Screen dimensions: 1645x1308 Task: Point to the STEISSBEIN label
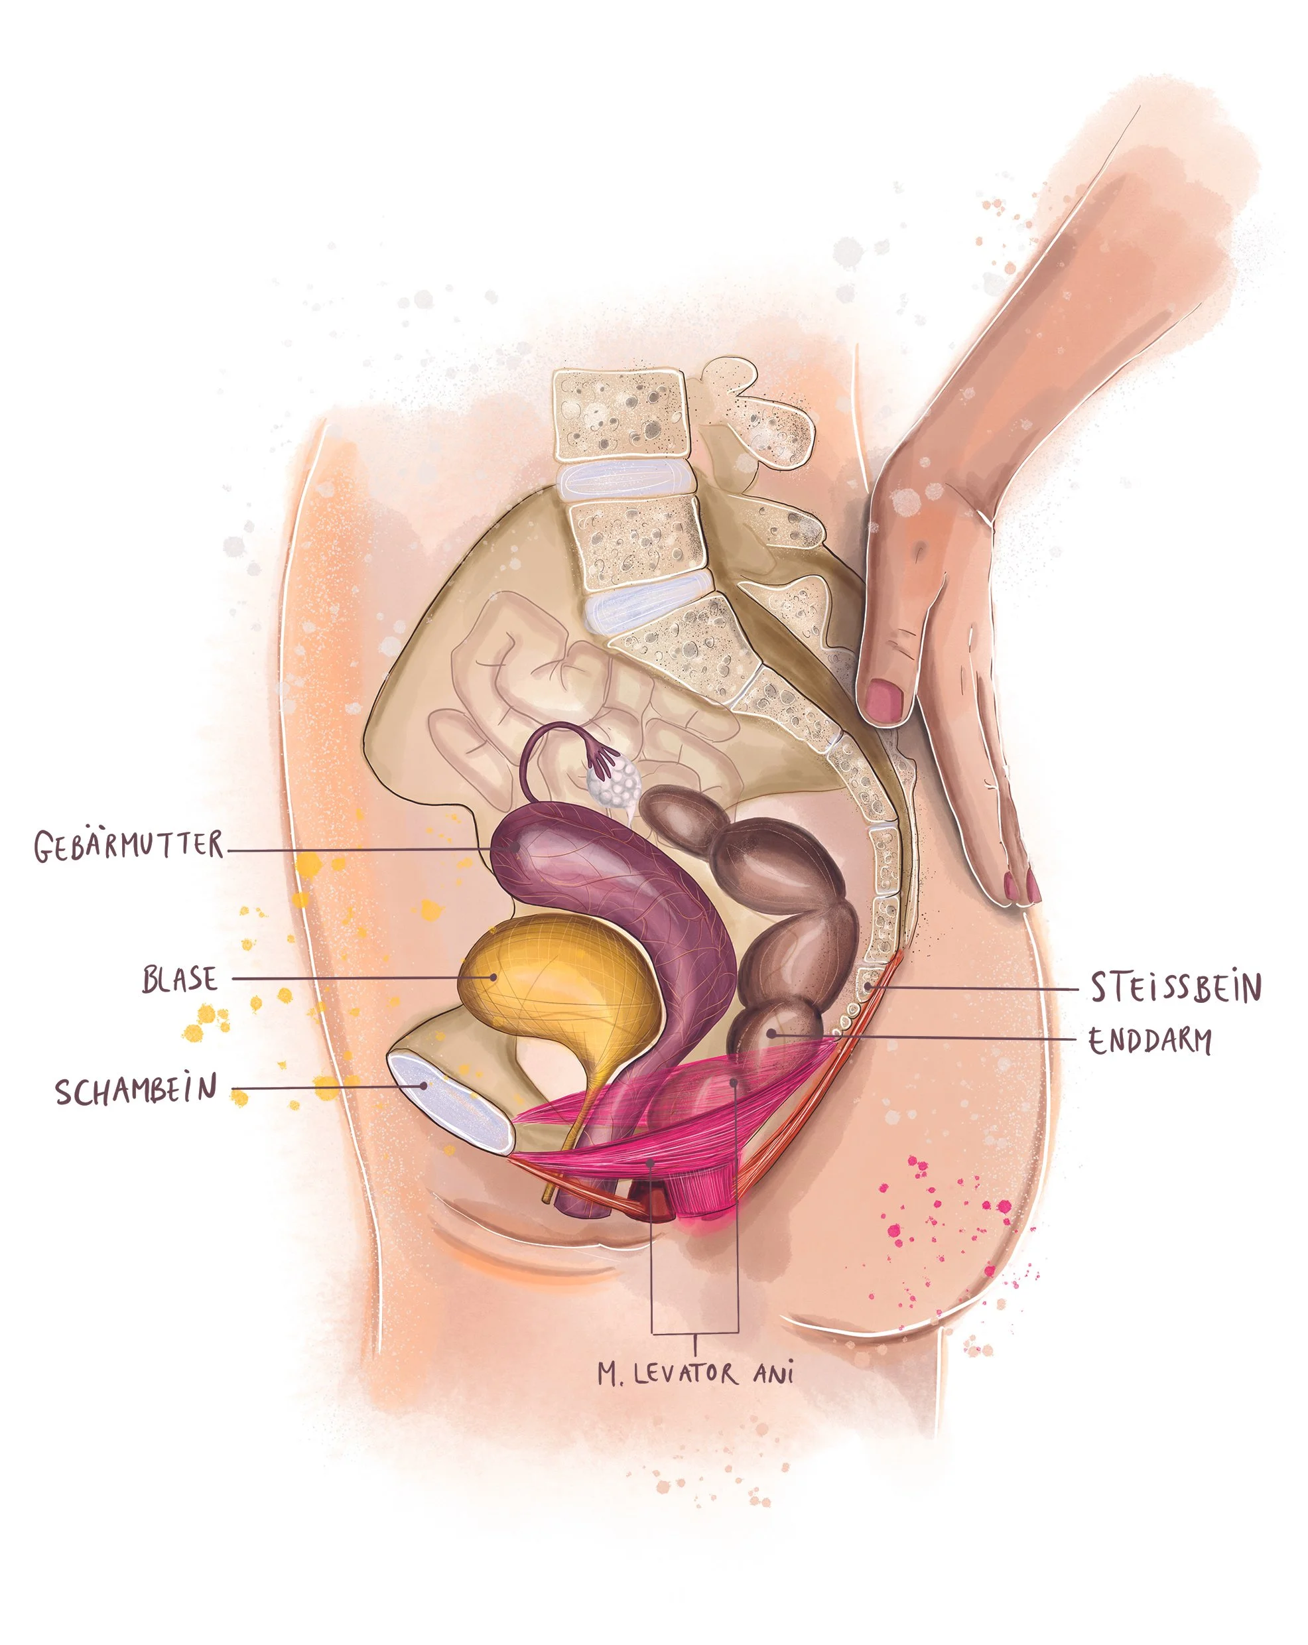[1175, 987]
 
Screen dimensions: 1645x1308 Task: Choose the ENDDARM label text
[1149, 1041]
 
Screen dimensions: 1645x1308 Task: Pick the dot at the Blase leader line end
[493, 976]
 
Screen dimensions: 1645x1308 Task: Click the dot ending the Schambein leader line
[425, 1086]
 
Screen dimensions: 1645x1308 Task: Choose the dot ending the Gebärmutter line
[517, 847]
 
